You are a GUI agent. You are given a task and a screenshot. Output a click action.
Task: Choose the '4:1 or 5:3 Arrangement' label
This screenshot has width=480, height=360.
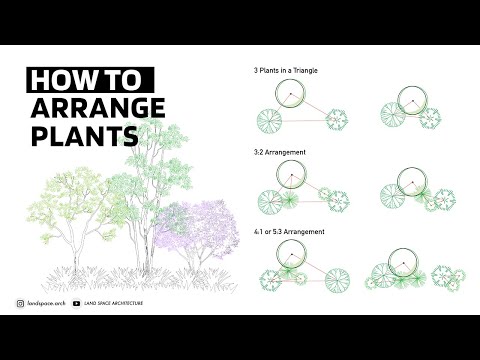click(x=289, y=231)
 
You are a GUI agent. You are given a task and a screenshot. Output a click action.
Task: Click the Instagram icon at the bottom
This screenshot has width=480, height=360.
click(x=21, y=303)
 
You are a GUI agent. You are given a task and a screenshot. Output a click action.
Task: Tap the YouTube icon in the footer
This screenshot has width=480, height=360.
click(x=77, y=303)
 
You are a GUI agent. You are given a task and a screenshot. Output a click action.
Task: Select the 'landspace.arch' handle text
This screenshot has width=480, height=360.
click(x=46, y=303)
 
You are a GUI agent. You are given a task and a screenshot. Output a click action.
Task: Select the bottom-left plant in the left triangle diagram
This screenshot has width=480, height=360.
click(x=270, y=122)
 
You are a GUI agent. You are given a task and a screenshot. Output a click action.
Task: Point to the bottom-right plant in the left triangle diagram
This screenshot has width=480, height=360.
click(x=337, y=120)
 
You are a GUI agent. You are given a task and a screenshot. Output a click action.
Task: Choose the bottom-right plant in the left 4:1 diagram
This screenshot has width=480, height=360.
click(x=336, y=277)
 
